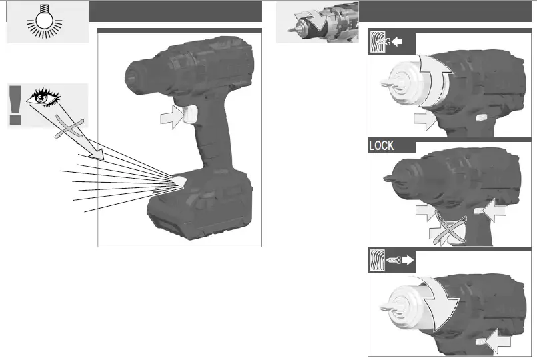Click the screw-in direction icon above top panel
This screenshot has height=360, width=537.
coord(392,41)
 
